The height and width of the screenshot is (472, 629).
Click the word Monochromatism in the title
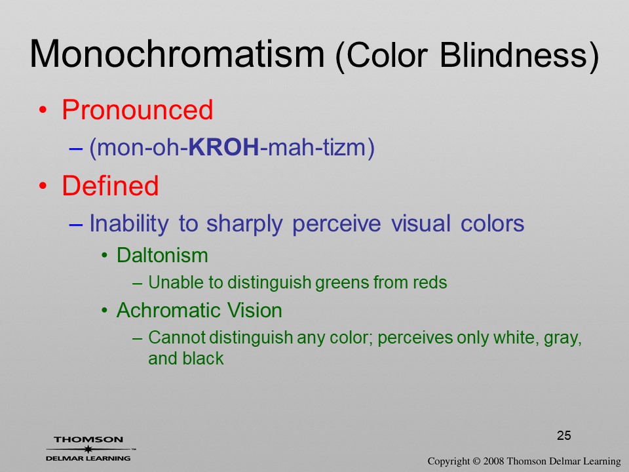177,54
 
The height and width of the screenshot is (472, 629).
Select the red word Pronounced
137,109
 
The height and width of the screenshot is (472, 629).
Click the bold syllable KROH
224,147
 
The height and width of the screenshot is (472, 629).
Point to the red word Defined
110,186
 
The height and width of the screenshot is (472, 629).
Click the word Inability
129,223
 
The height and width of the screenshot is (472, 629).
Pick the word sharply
244,223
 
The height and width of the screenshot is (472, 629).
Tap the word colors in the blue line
492,223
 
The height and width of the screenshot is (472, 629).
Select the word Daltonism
162,255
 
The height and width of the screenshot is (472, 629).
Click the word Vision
255,310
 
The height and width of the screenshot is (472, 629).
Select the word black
202,359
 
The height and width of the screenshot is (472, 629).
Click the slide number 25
563,435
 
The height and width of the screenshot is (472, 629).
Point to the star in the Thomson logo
88,449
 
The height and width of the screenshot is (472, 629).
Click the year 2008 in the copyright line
494,461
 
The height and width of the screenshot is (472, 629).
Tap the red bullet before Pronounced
43,110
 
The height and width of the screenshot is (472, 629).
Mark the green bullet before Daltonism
104,256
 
